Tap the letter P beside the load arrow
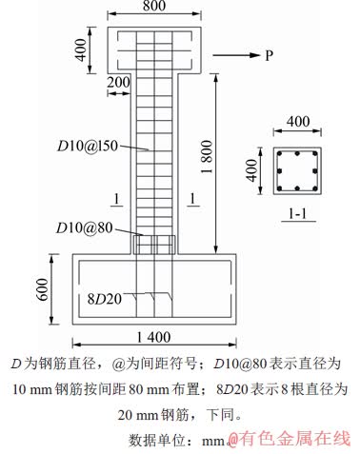(x=270, y=55)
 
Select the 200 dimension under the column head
(x=119, y=85)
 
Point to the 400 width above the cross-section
(x=297, y=122)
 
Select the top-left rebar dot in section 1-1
(x=282, y=154)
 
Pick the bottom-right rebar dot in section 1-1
(x=313, y=186)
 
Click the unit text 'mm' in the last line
(x=217, y=440)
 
